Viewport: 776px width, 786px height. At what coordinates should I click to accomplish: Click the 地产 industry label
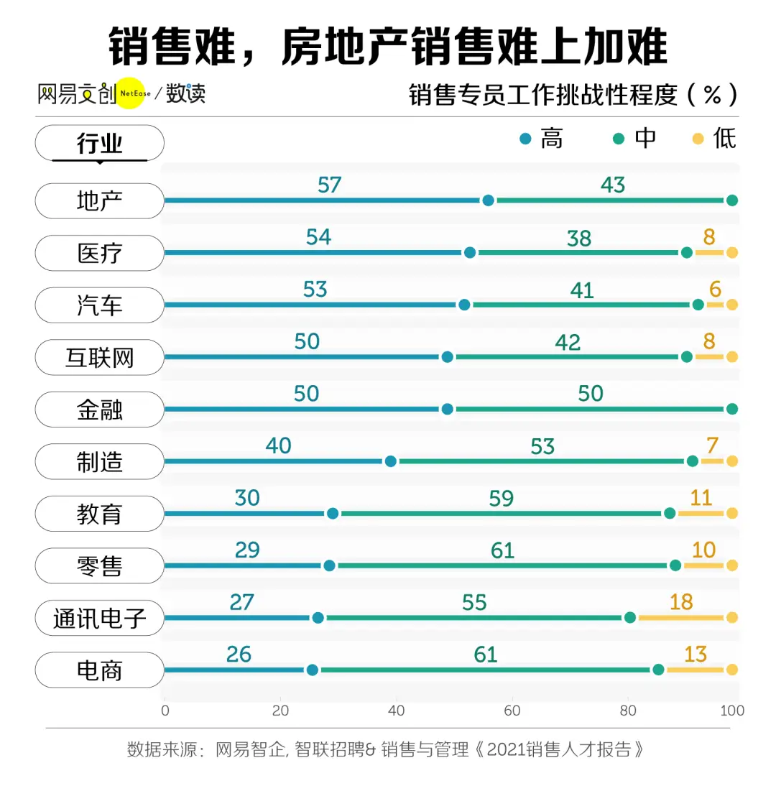pyautogui.click(x=100, y=201)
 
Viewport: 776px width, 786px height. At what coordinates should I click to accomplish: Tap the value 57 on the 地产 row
pyautogui.click(x=329, y=185)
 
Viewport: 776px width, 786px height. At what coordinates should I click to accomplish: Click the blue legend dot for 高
pyautogui.click(x=525, y=138)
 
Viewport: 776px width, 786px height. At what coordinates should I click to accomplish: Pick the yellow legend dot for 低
pyautogui.click(x=697, y=138)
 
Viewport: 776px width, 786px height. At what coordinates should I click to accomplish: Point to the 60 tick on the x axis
pyautogui.click(x=512, y=711)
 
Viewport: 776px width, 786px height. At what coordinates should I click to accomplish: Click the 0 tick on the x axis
pyautogui.click(x=165, y=711)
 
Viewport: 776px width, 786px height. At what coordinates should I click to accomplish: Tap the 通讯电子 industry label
pyautogui.click(x=100, y=619)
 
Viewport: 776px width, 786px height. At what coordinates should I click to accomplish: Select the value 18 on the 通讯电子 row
pyautogui.click(x=681, y=602)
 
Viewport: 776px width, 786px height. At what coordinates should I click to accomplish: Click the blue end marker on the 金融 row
pyautogui.click(x=447, y=409)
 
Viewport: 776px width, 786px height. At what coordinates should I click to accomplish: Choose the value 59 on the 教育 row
pyautogui.click(x=501, y=498)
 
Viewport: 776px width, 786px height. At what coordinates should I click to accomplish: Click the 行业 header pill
pyautogui.click(x=100, y=143)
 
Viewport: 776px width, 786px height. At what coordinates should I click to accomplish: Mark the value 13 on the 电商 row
pyautogui.click(x=696, y=655)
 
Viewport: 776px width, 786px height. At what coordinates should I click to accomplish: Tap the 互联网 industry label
pyautogui.click(x=100, y=358)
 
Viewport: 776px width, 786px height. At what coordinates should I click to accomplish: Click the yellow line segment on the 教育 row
pyautogui.click(x=701, y=513)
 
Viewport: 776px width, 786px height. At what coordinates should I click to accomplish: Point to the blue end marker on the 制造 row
pyautogui.click(x=390, y=461)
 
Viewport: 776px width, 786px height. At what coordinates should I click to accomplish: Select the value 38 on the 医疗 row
pyautogui.click(x=578, y=238)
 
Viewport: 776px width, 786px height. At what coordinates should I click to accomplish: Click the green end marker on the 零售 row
pyautogui.click(x=675, y=565)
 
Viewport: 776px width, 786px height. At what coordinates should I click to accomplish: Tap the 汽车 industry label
pyautogui.click(x=100, y=305)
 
